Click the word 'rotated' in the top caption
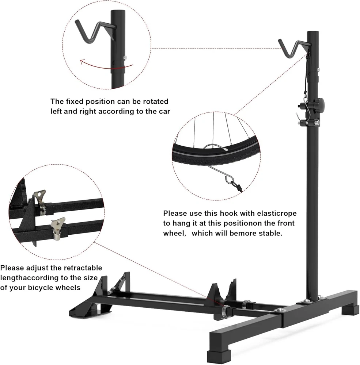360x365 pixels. [x=154, y=101]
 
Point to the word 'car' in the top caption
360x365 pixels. [x=163, y=111]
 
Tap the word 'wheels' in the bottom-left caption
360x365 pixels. [x=68, y=288]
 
